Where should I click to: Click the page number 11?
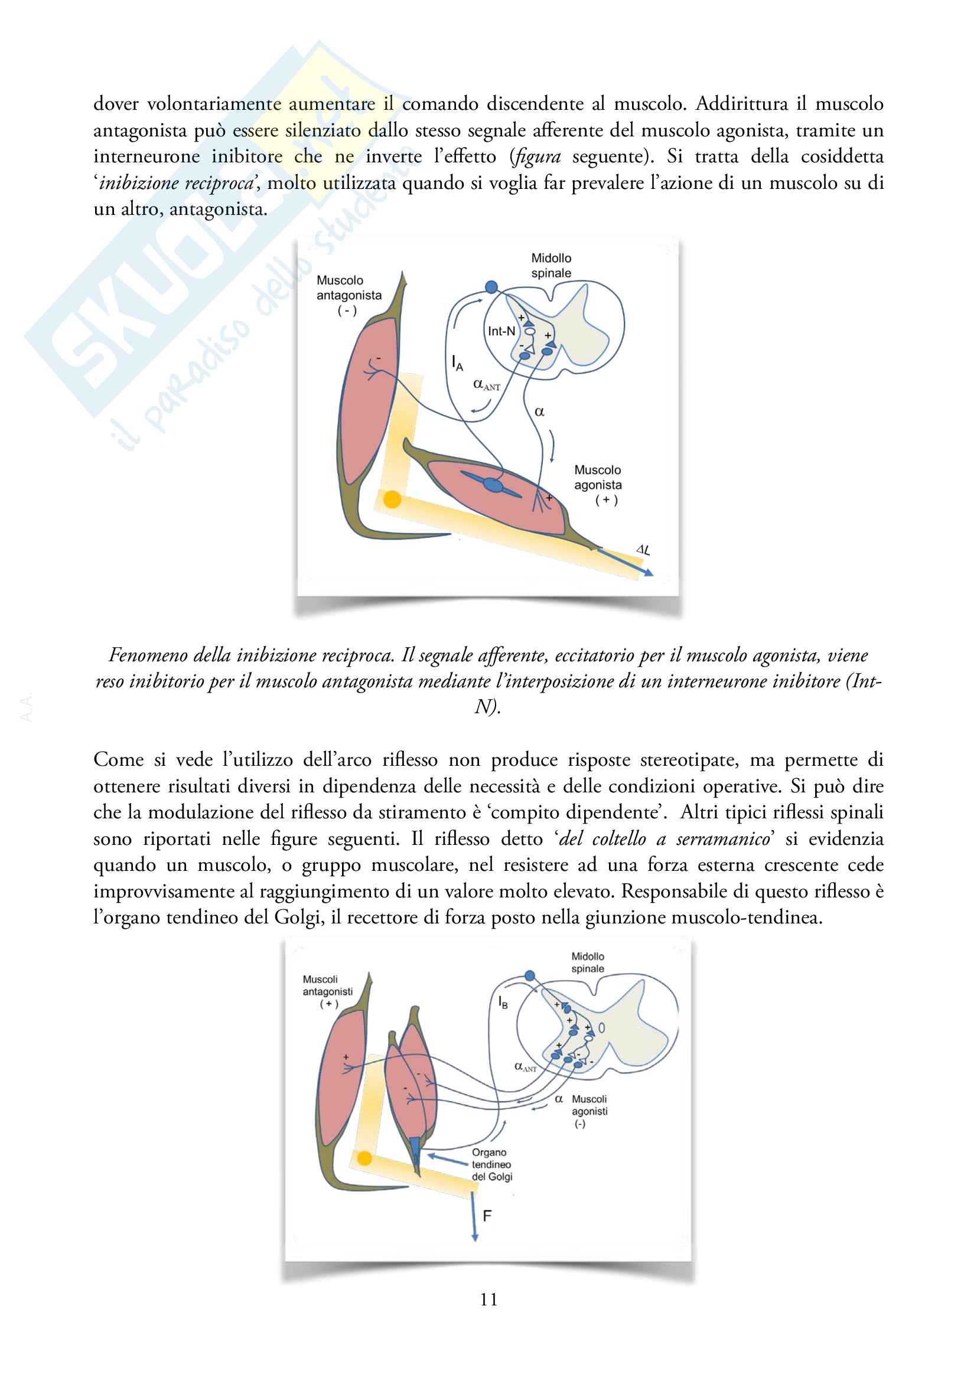[x=488, y=1299]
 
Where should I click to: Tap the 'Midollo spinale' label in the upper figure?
[x=551, y=265]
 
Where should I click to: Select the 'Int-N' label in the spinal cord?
[x=501, y=331]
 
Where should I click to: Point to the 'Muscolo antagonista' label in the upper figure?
[x=349, y=295]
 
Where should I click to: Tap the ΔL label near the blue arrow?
[x=643, y=549]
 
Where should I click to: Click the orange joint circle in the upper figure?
[x=392, y=499]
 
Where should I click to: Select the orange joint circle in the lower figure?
[x=364, y=1158]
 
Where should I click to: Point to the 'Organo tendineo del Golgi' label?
[x=491, y=1164]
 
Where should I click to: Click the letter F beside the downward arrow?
[x=487, y=1216]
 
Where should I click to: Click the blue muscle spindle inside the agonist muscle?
[x=493, y=485]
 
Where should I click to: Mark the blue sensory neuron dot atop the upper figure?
[x=491, y=287]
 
